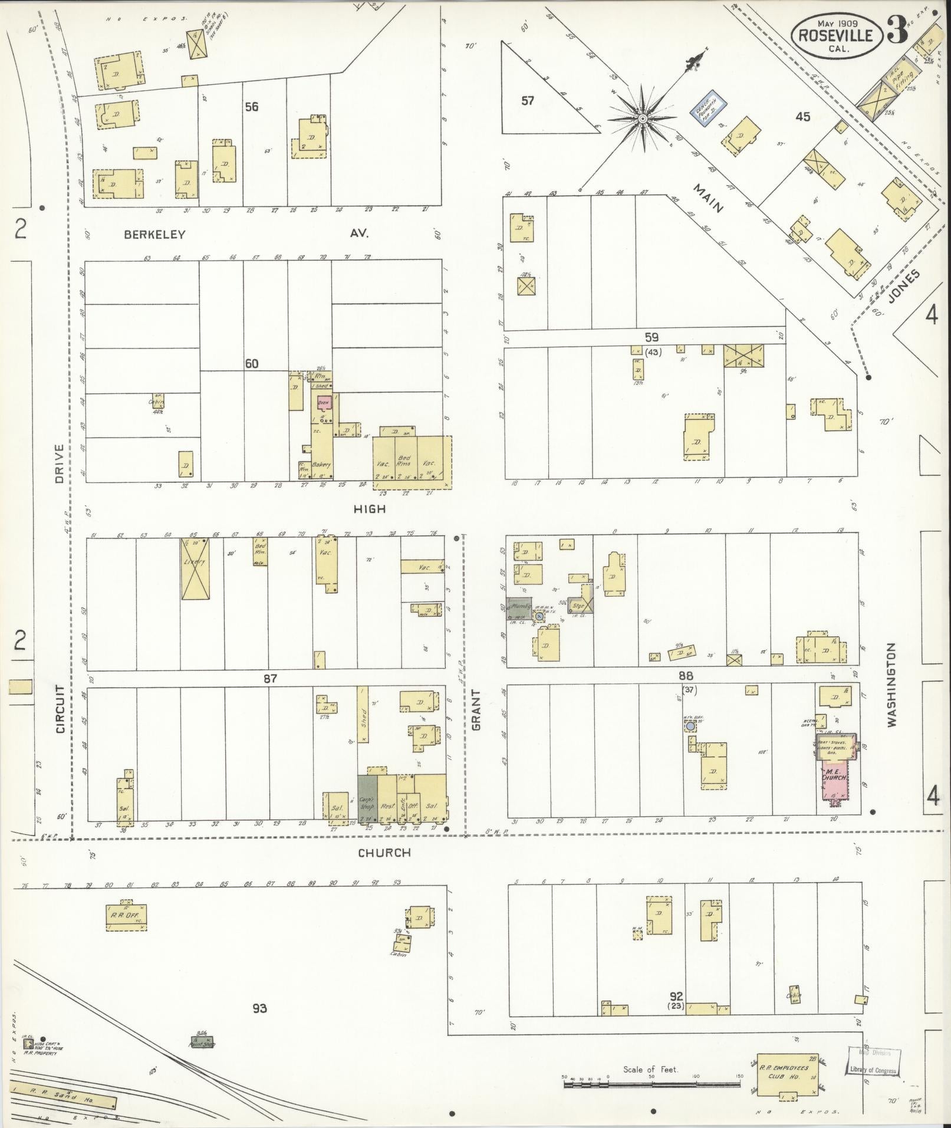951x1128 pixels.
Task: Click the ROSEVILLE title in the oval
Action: point(835,35)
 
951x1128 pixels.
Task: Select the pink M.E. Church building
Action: point(835,779)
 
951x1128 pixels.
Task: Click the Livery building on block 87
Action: point(195,568)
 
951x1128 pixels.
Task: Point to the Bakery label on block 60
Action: point(321,464)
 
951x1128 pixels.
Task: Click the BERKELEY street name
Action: point(154,235)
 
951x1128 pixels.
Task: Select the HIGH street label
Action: point(370,508)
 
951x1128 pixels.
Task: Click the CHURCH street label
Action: point(384,853)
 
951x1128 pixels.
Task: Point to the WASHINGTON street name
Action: point(890,684)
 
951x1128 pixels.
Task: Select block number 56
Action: point(252,107)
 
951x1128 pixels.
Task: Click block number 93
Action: point(259,1008)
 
